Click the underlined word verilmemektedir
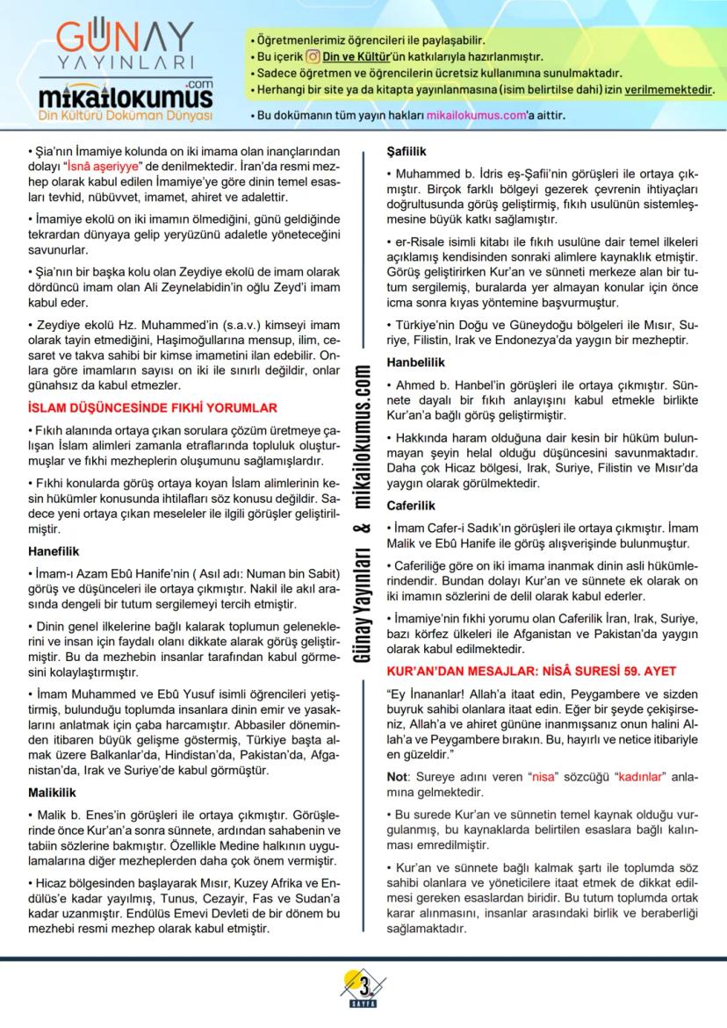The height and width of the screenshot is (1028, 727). [669, 90]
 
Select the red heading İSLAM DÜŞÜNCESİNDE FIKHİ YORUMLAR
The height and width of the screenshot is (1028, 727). [153, 407]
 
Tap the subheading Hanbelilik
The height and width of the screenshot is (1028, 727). [416, 362]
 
